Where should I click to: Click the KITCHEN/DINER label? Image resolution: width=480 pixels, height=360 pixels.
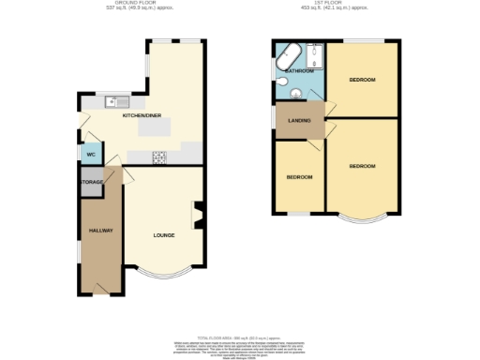point(142,115)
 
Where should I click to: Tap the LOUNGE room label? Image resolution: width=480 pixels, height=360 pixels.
point(164,234)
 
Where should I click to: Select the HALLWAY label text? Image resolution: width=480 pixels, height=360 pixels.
point(100,230)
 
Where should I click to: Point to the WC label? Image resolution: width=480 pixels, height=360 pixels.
point(91,155)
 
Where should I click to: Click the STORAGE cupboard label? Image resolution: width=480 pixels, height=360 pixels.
point(92,182)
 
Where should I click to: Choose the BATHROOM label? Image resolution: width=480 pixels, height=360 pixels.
point(299,70)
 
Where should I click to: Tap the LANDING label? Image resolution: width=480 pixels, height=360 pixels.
point(299,121)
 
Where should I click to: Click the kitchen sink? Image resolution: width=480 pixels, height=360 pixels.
point(117,100)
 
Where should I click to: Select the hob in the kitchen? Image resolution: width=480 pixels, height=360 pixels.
point(159,157)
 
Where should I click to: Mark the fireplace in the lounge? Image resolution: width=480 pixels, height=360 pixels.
point(198,215)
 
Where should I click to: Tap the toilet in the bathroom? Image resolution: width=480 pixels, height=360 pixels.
point(294,93)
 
